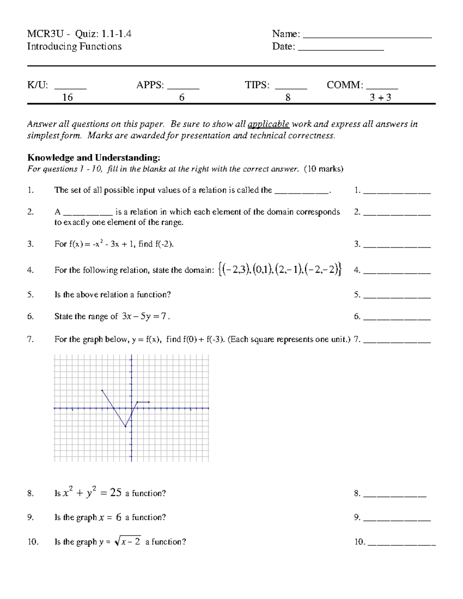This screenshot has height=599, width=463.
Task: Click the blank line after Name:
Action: [x=367, y=37]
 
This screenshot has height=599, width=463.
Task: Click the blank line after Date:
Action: [x=341, y=49]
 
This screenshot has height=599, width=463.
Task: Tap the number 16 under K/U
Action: [x=68, y=98]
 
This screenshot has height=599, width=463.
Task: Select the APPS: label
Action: [x=150, y=85]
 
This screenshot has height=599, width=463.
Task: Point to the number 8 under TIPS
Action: [x=288, y=98]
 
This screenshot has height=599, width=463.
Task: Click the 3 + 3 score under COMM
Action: [x=380, y=98]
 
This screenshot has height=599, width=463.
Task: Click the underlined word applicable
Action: [x=269, y=124]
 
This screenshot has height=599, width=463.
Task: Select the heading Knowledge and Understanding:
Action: [x=93, y=157]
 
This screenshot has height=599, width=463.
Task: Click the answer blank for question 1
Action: [x=397, y=192]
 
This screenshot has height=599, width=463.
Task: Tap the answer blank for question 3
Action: [x=397, y=246]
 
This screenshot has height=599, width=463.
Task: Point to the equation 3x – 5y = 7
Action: [x=144, y=316]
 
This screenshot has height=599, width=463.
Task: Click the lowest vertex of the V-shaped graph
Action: [x=125, y=427]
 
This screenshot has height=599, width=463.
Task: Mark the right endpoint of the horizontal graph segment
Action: [x=149, y=402]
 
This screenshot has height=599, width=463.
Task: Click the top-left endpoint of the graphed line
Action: [x=102, y=390]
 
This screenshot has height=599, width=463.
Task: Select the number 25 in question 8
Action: [x=116, y=493]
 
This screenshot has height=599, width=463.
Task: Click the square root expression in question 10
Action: [x=128, y=542]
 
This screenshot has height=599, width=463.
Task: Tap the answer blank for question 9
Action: [x=397, y=520]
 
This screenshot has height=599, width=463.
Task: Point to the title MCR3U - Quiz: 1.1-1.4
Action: [x=79, y=34]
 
